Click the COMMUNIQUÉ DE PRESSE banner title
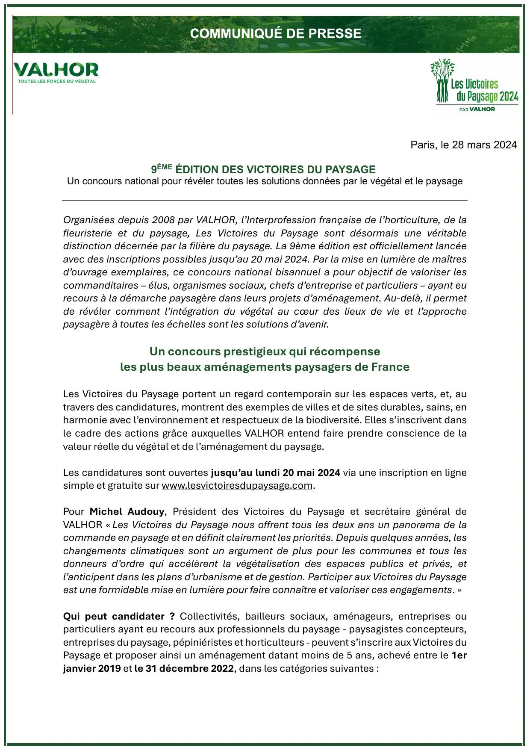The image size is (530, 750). tap(276, 33)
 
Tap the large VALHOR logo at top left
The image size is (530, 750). tap(56, 70)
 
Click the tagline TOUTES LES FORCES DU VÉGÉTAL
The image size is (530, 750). tap(56, 81)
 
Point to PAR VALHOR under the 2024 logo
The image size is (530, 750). tap(477, 109)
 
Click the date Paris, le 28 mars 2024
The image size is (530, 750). tap(463, 145)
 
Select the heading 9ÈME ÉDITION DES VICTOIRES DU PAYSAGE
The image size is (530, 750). tap(263, 169)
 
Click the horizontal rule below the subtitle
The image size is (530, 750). tap(265, 200)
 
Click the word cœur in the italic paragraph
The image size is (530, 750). tap(306, 311)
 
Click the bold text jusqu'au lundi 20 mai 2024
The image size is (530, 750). tap(275, 472)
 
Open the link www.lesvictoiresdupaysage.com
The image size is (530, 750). tap(237, 486)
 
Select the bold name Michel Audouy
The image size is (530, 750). tap(127, 511)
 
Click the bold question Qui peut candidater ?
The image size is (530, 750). tap(119, 616)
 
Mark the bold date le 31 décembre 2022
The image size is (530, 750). tap(184, 668)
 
